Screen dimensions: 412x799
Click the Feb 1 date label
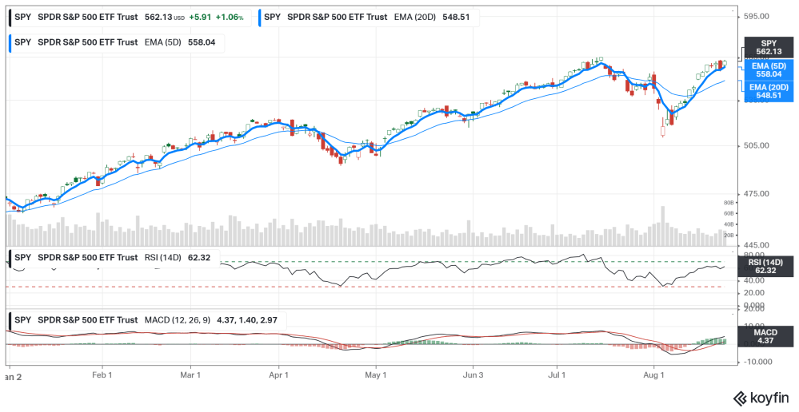coord(102,374)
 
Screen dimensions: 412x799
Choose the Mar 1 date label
coord(190,374)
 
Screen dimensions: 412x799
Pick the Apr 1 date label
coord(278,374)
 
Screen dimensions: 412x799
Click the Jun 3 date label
coord(473,374)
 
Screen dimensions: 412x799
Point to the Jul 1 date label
coord(557,374)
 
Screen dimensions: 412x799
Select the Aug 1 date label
coord(654,374)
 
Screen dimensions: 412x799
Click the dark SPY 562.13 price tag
coord(768,47)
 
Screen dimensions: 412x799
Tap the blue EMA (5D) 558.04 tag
coord(768,69)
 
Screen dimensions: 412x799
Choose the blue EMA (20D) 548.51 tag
coord(768,91)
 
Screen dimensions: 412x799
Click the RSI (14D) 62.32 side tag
coord(768,266)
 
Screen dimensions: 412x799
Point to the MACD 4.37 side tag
coord(768,336)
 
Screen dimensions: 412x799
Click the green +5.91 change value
coord(201,17)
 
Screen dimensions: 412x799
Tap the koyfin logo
coord(760,397)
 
